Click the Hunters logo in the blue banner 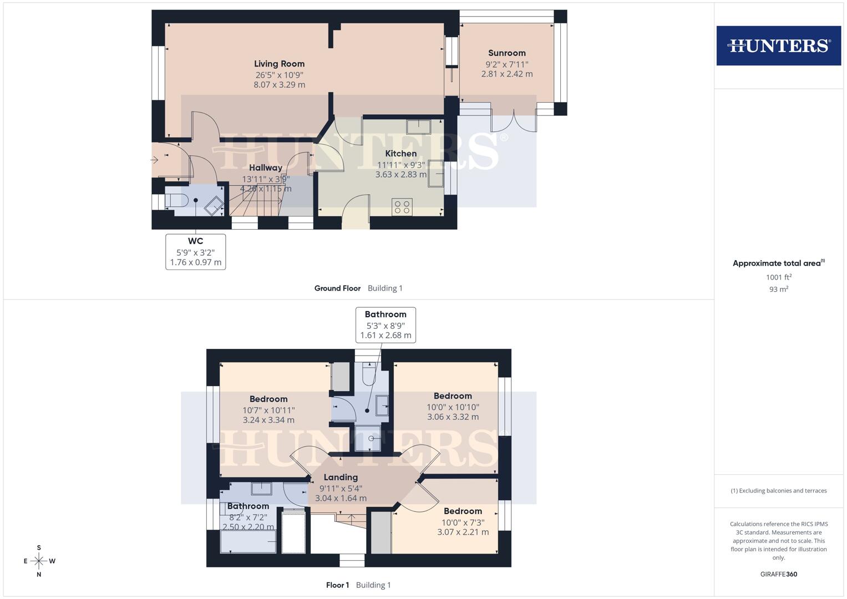(x=778, y=45)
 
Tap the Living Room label (x=279, y=64)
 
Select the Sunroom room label (x=506, y=53)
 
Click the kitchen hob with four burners (x=402, y=207)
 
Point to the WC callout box (x=195, y=252)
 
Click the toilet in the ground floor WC (x=177, y=200)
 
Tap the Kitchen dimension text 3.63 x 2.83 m (x=400, y=174)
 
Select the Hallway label (x=265, y=167)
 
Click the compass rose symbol (x=39, y=561)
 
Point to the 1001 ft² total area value (x=778, y=277)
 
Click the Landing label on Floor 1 (x=341, y=477)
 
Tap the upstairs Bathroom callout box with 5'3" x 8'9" (x=386, y=325)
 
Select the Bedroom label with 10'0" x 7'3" (x=463, y=511)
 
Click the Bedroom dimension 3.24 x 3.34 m (x=268, y=420)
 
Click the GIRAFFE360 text (x=778, y=574)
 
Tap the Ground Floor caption (x=337, y=288)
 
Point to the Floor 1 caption (x=337, y=585)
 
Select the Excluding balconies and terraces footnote (x=778, y=491)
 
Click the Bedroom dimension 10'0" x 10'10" (x=453, y=407)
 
